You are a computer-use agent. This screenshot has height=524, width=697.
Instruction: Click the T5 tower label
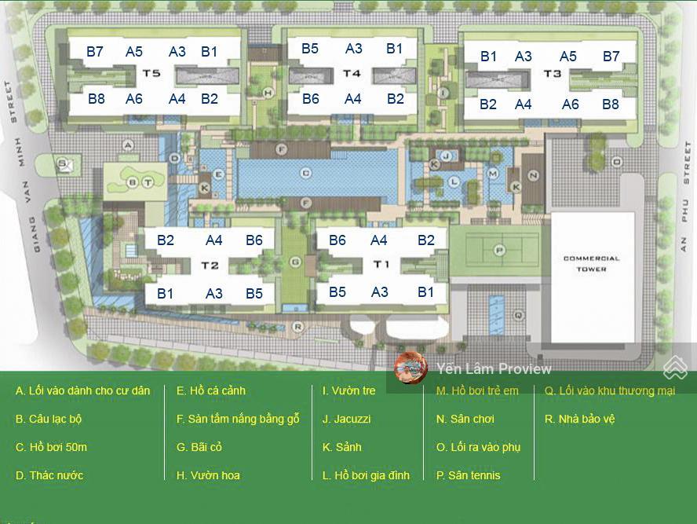click(x=152, y=74)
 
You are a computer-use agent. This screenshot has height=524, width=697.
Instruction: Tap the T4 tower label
click(x=352, y=74)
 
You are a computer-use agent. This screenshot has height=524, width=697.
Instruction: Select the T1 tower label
click(x=381, y=264)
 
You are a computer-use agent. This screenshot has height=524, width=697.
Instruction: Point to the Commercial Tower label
click(x=591, y=263)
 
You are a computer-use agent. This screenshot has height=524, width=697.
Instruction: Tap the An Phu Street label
click(x=685, y=196)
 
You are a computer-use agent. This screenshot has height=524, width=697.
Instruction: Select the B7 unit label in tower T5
click(x=95, y=52)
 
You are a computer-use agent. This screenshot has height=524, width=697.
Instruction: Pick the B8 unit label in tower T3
click(x=611, y=104)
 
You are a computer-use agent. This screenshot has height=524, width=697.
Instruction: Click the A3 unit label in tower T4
click(x=354, y=49)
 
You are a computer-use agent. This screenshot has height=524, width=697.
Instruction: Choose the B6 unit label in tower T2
click(x=254, y=240)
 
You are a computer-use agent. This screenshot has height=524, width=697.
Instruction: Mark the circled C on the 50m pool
click(x=306, y=173)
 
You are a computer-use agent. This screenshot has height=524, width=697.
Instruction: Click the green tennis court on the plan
click(x=497, y=250)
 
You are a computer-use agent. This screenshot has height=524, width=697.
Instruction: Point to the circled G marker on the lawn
click(x=296, y=261)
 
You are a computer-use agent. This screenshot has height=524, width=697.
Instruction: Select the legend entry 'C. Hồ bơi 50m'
click(x=51, y=447)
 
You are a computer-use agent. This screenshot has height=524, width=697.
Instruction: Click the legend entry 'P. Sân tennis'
click(x=468, y=475)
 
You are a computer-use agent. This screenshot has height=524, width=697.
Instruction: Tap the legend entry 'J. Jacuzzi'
click(x=346, y=419)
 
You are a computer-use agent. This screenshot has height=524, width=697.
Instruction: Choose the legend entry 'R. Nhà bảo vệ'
click(x=579, y=419)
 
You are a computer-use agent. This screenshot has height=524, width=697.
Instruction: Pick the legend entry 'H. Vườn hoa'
click(x=208, y=475)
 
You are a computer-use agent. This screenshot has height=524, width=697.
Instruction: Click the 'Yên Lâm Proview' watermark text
click(x=494, y=368)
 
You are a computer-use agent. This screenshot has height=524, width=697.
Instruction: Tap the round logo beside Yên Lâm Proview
click(x=411, y=368)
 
